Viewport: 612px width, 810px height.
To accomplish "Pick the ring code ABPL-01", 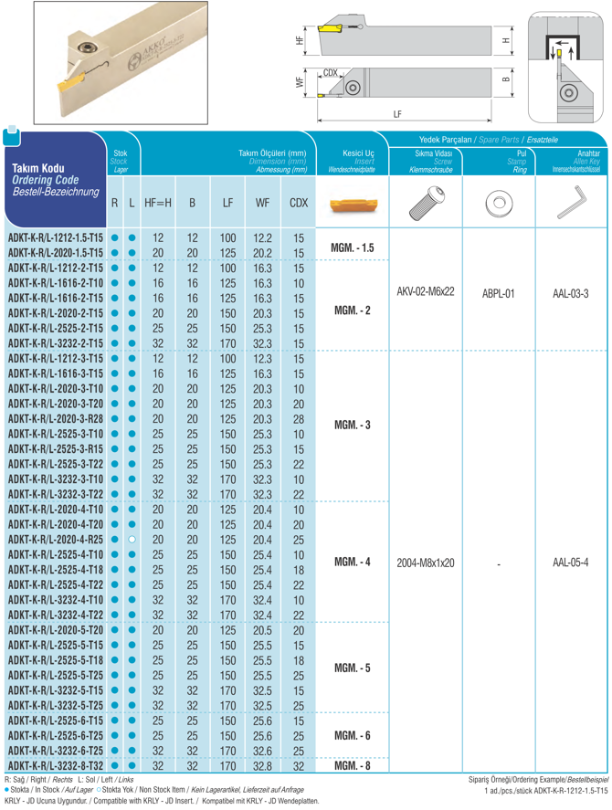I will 499,295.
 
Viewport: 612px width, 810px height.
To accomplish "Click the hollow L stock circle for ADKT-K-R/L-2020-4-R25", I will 132,539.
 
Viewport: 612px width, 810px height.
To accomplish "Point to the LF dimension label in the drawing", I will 396,115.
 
